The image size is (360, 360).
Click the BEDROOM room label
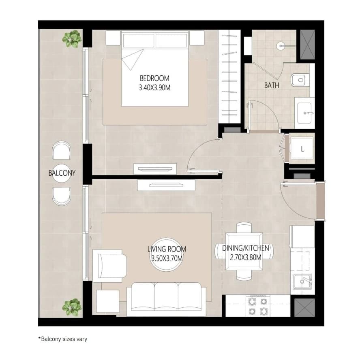click(154, 78)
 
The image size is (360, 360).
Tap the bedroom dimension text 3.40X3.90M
click(154, 87)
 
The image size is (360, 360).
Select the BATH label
click(272, 85)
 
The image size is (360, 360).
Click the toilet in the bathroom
click(300, 80)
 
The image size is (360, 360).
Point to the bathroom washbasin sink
click(304, 113)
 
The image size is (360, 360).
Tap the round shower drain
click(281, 46)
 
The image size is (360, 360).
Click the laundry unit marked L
click(302, 148)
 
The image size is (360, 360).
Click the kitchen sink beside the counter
click(302, 281)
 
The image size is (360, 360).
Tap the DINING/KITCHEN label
click(246, 248)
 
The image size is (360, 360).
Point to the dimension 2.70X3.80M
click(246, 258)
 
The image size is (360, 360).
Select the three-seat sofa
click(167, 299)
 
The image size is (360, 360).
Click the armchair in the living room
click(110, 266)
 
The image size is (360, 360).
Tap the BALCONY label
click(62, 173)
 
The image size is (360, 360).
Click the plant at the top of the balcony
click(72, 39)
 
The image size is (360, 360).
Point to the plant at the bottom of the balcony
click(72, 307)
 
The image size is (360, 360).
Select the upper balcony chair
click(61, 150)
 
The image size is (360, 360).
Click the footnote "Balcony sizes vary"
click(63, 339)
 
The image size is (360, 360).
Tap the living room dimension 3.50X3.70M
click(167, 258)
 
